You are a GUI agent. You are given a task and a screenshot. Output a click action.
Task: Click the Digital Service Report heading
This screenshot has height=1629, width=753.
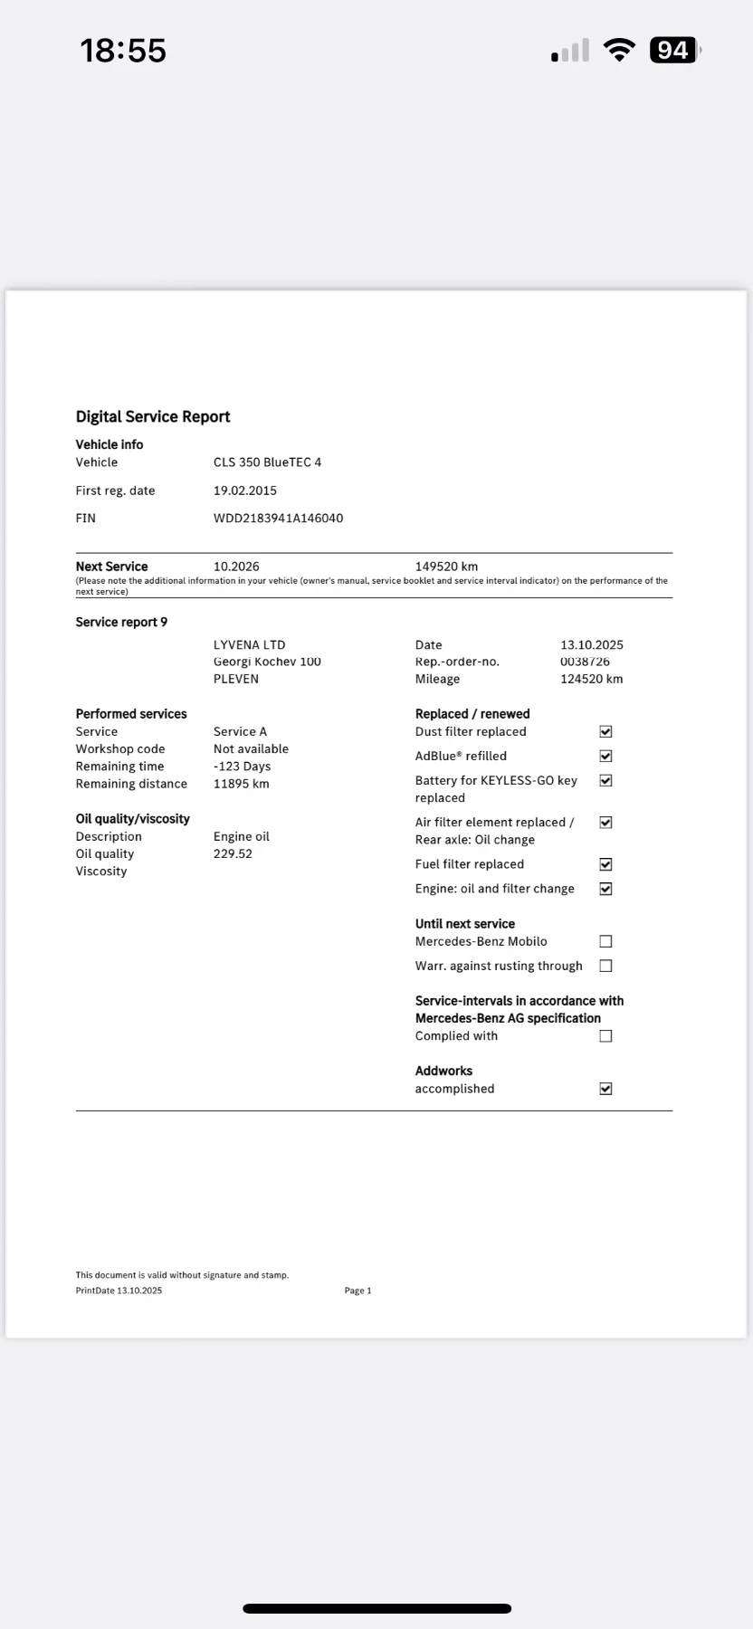[153, 416]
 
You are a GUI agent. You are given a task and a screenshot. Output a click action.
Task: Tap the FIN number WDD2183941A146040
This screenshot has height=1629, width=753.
[278, 519]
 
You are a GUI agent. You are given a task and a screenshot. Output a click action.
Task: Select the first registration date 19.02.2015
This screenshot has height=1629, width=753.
[245, 491]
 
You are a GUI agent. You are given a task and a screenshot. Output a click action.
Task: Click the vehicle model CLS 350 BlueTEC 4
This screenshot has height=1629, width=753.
[267, 462]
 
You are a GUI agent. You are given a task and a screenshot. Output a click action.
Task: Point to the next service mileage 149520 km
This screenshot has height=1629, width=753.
[446, 567]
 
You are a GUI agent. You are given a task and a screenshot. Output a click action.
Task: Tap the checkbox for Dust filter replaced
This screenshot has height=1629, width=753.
[605, 731]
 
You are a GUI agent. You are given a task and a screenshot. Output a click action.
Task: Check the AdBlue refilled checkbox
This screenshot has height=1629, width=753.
[605, 756]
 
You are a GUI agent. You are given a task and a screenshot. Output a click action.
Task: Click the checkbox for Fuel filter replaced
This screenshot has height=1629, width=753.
[605, 864]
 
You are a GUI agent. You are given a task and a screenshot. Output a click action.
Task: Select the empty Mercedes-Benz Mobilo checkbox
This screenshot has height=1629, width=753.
[605, 941]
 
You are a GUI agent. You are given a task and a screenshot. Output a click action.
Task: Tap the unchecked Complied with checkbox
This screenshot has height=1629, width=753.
[605, 1036]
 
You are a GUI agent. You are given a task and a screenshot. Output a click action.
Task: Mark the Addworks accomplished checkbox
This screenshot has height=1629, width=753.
[605, 1089]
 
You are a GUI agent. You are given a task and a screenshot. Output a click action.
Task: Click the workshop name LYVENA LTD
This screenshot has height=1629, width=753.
[249, 645]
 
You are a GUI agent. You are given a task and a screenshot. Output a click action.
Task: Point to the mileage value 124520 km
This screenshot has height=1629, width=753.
[591, 679]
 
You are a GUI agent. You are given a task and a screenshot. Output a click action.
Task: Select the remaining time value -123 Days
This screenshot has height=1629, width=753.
[242, 767]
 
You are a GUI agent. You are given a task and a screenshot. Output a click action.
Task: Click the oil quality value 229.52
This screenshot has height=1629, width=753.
[233, 853]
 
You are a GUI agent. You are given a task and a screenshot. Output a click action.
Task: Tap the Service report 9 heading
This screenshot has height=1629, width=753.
[121, 622]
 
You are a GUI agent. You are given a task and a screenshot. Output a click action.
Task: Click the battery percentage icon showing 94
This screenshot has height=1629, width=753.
[673, 51]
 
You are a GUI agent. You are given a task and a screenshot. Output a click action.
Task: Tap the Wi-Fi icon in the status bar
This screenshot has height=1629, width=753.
[620, 51]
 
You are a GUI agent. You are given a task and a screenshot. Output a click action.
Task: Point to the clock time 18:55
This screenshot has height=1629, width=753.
[123, 51]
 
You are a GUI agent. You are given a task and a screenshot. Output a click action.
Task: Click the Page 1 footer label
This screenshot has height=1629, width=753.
[357, 1291]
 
